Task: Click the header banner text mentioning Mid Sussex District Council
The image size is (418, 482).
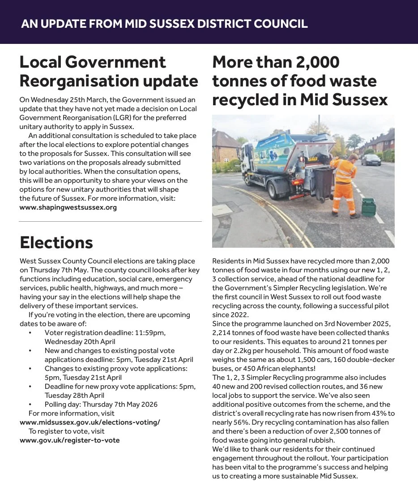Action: click(x=164, y=24)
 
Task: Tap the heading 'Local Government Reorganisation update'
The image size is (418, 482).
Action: click(x=109, y=72)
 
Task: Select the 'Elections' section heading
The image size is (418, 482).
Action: click(x=56, y=242)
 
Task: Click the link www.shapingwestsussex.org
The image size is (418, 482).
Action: click(x=68, y=207)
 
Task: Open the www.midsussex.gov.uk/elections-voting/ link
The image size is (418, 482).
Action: click(x=90, y=422)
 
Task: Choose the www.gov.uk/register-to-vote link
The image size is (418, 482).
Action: click(x=70, y=440)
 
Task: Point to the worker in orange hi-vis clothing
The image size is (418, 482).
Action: click(x=346, y=184)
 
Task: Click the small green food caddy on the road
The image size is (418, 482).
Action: click(x=368, y=207)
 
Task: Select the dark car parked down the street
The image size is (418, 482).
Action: click(x=371, y=159)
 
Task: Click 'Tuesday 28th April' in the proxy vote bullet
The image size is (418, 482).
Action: click(x=74, y=396)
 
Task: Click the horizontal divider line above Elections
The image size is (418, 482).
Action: click(x=110, y=222)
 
